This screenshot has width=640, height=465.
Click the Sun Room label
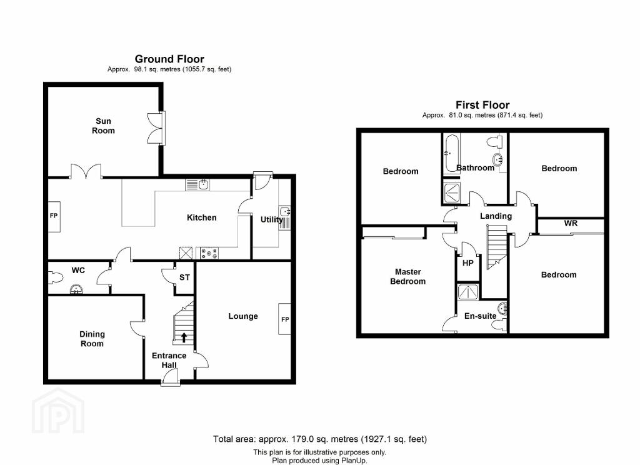coord(103,126)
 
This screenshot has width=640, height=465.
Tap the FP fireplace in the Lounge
coord(284,319)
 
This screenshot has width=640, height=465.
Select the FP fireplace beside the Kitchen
coord(54,216)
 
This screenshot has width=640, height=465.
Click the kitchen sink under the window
coord(197,184)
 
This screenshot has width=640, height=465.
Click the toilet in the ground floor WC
coord(56,278)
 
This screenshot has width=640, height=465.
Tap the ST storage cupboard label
coord(184,277)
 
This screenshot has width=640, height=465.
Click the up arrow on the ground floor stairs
coord(184,337)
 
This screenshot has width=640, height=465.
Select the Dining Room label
coord(92,339)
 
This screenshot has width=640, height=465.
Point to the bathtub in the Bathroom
coord(451,154)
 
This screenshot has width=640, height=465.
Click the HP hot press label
coord(467,263)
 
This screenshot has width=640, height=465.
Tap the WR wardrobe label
coord(571,223)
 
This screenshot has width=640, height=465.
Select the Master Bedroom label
coord(407,276)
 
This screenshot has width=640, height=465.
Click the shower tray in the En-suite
coord(467,291)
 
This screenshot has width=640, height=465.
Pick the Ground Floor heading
coord(169,59)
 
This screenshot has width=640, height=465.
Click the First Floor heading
coord(482,105)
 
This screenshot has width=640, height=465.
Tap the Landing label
coord(496,216)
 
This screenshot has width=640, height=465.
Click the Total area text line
coord(319,439)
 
